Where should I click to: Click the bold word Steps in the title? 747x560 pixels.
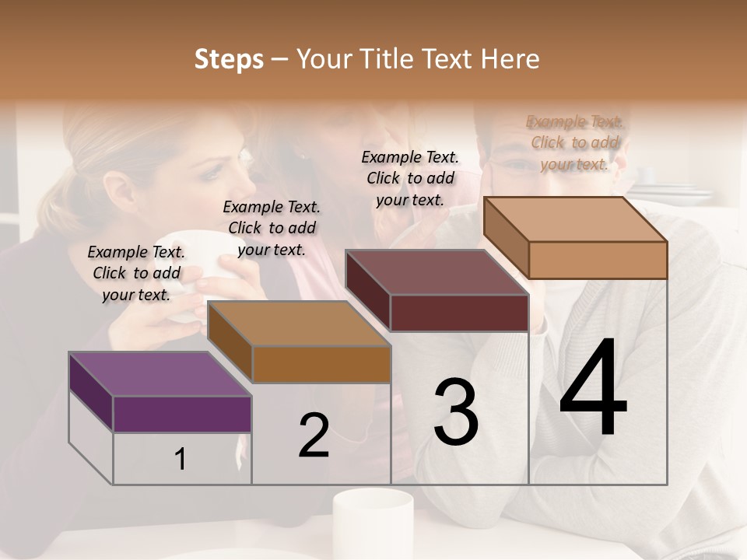(x=229, y=59)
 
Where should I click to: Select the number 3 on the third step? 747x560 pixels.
(x=456, y=413)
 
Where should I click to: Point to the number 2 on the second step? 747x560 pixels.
(x=314, y=436)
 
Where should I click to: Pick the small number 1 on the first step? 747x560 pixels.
(x=181, y=460)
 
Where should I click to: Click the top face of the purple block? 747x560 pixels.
(x=160, y=373)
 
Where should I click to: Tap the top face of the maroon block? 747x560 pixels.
(x=437, y=272)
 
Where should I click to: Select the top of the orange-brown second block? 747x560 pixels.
(x=298, y=324)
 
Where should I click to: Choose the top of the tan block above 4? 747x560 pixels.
(x=575, y=219)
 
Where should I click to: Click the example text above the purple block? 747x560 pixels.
(x=136, y=273)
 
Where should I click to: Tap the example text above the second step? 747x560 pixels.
(x=272, y=228)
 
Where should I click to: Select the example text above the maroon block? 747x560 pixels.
(x=410, y=178)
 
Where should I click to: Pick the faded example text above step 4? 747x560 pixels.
(x=574, y=142)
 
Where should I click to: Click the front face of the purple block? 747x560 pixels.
(x=182, y=414)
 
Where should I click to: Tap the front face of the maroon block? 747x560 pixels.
(x=459, y=313)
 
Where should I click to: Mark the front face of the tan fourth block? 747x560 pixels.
(x=598, y=260)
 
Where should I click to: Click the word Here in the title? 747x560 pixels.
(x=510, y=59)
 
